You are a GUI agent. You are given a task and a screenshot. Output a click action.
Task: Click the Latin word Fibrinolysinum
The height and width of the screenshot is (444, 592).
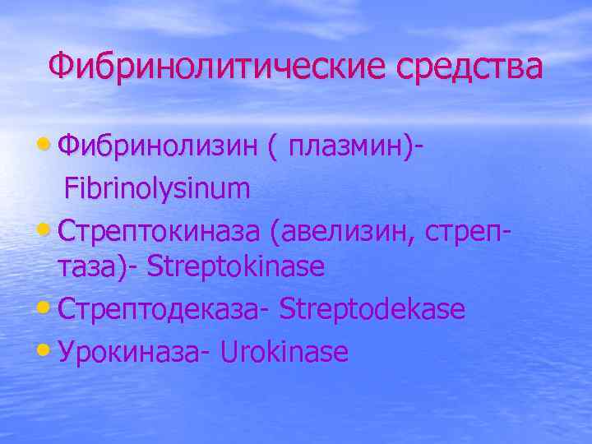click(157, 189)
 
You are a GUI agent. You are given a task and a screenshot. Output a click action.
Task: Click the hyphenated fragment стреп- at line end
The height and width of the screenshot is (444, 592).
click(469, 227)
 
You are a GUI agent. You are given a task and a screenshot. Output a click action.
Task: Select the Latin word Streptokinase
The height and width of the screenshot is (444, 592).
click(238, 266)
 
